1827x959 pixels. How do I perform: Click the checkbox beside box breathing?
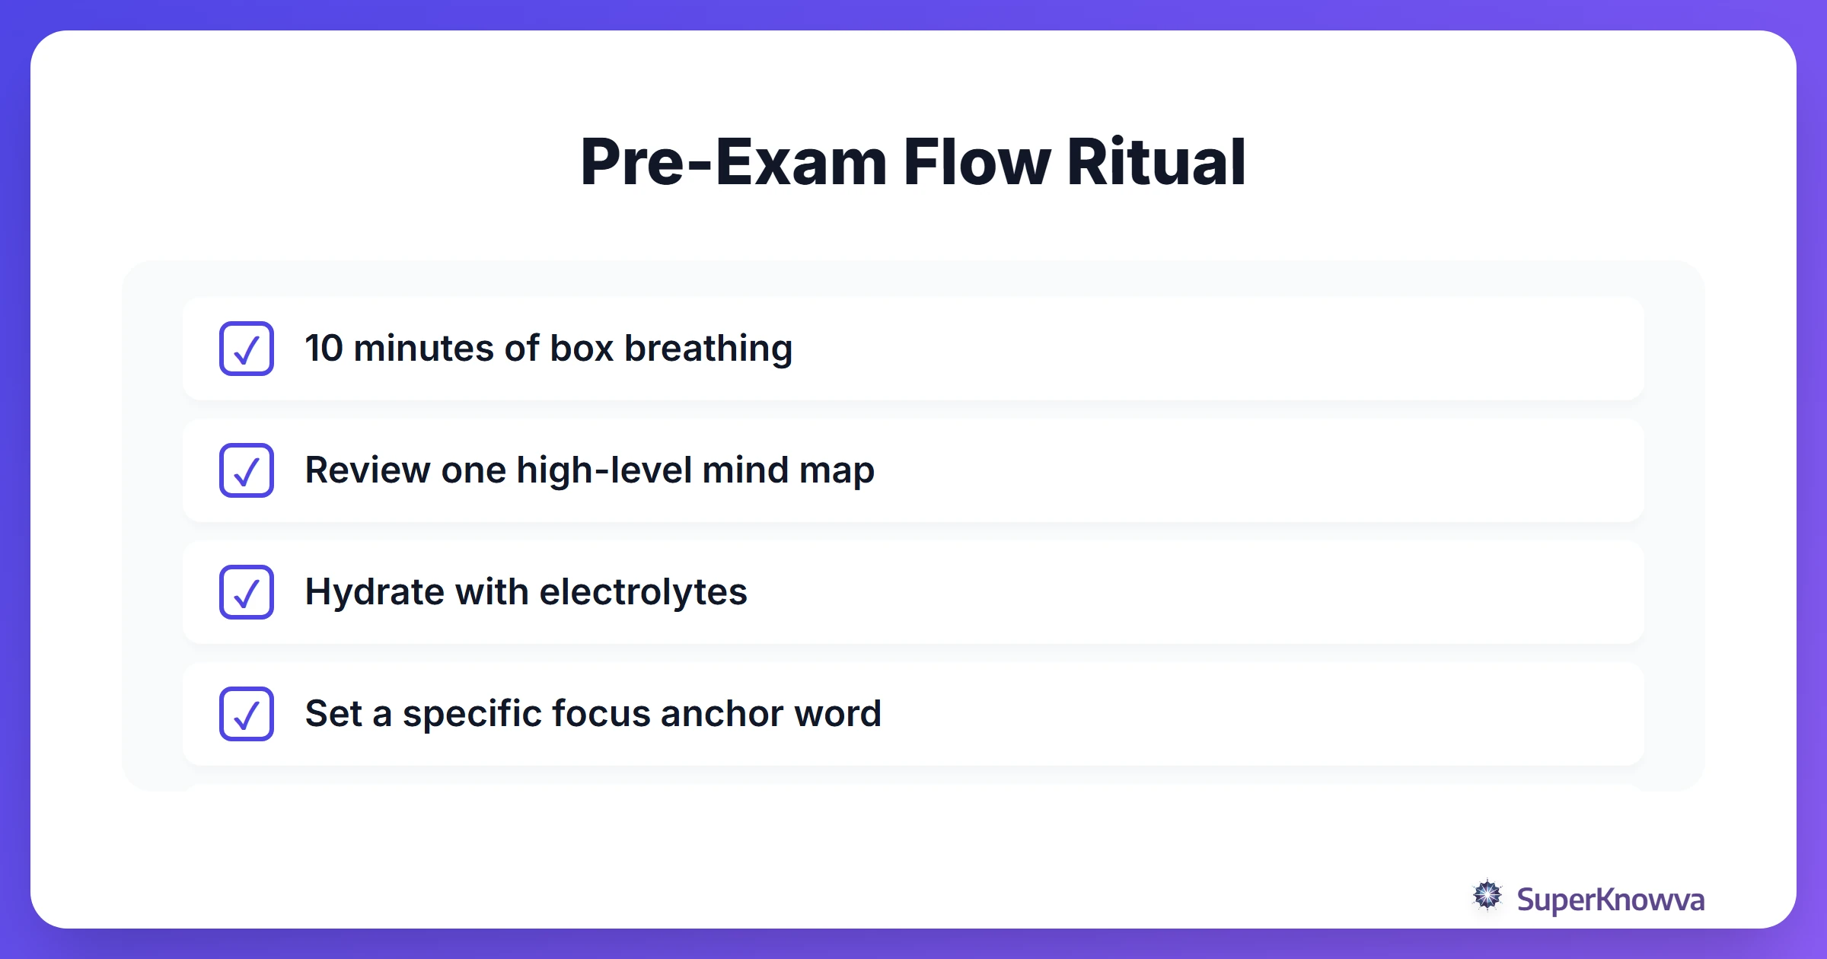[x=247, y=349]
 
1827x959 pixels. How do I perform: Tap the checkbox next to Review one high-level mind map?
[x=247, y=470]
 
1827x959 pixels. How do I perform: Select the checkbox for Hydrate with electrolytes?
[x=247, y=592]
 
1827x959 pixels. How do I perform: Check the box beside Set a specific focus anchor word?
[x=247, y=714]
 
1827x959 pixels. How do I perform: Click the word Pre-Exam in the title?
[x=733, y=162]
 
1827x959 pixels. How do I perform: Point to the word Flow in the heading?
[x=977, y=162]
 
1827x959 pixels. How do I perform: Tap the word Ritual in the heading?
[x=1156, y=162]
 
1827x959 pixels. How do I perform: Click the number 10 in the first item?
[x=324, y=349]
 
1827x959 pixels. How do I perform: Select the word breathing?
[x=708, y=349]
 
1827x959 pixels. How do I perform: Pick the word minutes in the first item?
[x=424, y=349]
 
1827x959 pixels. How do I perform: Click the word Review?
[x=367, y=470]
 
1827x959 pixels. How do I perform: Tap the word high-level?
[x=604, y=470]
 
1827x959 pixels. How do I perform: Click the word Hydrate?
[x=374, y=592]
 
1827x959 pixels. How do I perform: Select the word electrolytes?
[x=643, y=592]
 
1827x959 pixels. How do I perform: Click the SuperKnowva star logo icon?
[x=1487, y=896]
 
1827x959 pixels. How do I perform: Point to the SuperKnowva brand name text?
[x=1610, y=900]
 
